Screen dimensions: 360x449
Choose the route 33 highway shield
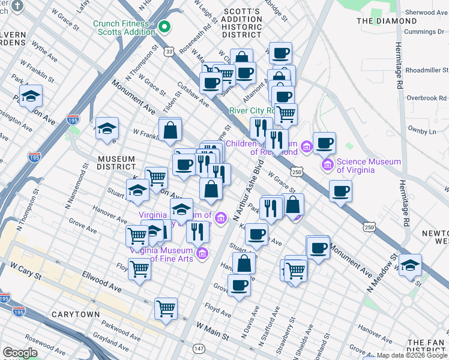[x=170, y=52]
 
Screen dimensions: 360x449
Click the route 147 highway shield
[x=198, y=349]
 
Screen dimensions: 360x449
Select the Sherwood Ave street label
[x=426, y=12]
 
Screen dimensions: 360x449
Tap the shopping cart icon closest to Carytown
[x=166, y=308]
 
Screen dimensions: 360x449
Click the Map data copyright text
[x=412, y=355]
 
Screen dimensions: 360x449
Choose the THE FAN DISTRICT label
[x=426, y=345]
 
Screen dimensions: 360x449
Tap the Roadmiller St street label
[x=426, y=70]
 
